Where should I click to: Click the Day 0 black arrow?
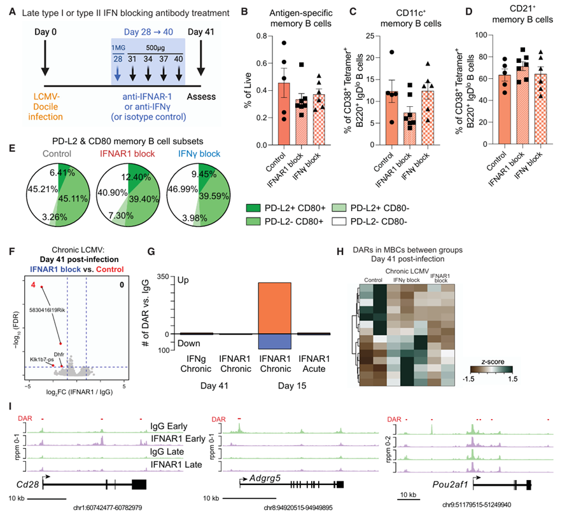(x=45, y=58)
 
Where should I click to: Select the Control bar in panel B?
(x=284, y=114)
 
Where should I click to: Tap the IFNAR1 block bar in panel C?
(x=410, y=128)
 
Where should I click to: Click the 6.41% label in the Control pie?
(x=62, y=173)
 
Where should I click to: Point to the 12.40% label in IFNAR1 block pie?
(x=136, y=177)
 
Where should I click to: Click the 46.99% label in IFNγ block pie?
(x=183, y=189)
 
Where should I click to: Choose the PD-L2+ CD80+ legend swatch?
(x=253, y=208)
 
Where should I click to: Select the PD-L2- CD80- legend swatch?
(x=339, y=221)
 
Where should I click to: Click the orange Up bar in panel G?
(x=274, y=308)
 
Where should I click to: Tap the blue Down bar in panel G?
(x=274, y=341)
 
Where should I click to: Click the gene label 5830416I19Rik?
(x=47, y=310)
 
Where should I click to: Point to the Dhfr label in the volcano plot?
(x=59, y=355)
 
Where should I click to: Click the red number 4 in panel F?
(x=33, y=285)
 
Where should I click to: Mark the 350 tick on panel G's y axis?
(x=163, y=277)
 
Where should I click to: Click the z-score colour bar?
(x=491, y=369)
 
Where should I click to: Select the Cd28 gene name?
(x=27, y=484)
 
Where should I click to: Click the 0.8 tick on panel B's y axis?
(x=262, y=36)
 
